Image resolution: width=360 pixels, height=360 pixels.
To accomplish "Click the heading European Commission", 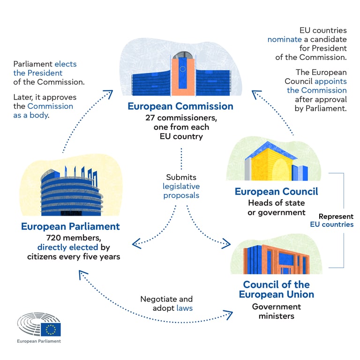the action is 180,106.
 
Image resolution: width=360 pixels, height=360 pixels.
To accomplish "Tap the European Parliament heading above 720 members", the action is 70,226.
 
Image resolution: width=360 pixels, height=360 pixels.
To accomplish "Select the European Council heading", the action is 277,192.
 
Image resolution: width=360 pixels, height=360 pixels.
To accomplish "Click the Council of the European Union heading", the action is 277,290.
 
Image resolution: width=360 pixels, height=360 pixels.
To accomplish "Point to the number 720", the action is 53,238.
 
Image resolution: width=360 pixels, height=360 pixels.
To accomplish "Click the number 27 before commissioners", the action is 150,118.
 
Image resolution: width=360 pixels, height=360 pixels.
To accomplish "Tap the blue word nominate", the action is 285,39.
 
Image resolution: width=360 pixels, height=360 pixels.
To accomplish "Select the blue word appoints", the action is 330,82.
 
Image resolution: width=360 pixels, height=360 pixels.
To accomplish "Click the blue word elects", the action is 66,64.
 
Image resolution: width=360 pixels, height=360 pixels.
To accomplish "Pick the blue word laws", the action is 185,308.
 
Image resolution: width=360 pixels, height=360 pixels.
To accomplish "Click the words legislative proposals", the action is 181,191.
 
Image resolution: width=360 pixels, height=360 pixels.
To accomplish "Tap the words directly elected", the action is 67,247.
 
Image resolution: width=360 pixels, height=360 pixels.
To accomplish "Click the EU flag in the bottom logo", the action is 51,330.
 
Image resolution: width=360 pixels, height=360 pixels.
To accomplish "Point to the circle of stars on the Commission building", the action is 183,69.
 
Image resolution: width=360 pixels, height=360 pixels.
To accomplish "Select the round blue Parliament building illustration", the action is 72,191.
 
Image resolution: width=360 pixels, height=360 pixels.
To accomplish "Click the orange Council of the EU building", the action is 277,259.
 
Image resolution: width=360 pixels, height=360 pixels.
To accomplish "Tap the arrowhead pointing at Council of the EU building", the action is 226,244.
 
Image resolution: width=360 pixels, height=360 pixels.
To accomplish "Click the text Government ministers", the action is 277,312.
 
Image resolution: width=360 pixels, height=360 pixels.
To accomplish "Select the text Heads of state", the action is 277,203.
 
